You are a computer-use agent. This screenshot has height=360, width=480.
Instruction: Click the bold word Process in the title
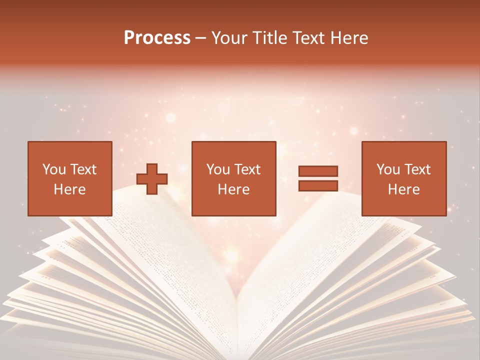(x=157, y=38)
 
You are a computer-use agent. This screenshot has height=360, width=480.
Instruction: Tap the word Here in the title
(x=348, y=38)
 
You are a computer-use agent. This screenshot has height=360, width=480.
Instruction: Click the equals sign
(x=318, y=178)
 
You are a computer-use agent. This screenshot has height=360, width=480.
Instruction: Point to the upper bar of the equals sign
(x=318, y=171)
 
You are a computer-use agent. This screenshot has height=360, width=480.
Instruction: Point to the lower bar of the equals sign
(x=318, y=185)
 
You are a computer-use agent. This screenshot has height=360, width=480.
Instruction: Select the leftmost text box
(x=70, y=178)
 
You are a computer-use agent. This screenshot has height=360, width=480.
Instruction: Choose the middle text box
(x=234, y=178)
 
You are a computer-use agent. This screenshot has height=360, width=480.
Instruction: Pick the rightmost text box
(x=404, y=178)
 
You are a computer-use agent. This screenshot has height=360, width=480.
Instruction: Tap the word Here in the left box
(x=70, y=189)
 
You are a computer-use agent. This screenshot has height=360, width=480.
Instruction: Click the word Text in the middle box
(x=247, y=169)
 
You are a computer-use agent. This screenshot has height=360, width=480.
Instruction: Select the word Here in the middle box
(x=234, y=189)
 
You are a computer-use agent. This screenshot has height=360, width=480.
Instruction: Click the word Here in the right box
(x=404, y=189)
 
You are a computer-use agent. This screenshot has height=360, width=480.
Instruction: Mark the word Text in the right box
(x=417, y=169)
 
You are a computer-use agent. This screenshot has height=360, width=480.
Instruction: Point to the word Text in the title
(x=309, y=38)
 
